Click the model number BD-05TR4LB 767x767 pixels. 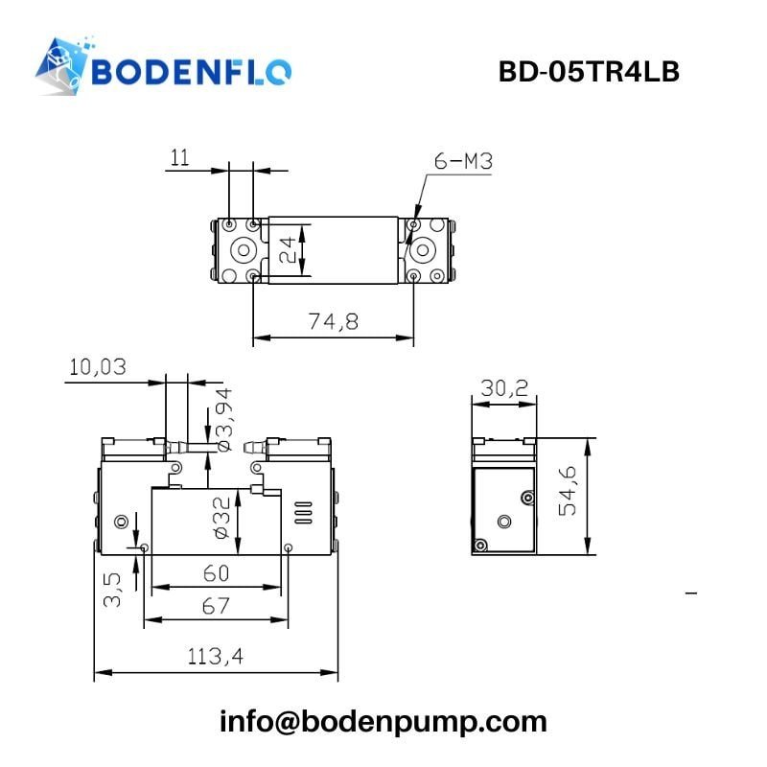click(x=589, y=72)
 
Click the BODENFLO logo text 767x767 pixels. click(x=192, y=72)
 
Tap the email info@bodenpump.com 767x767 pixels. click(x=383, y=721)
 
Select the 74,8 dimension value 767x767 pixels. click(x=334, y=322)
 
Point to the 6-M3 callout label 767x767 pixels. click(x=463, y=162)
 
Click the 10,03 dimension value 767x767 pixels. click(x=98, y=367)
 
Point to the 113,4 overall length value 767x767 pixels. click(x=216, y=657)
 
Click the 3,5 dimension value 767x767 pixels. click(x=113, y=588)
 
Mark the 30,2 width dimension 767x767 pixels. click(x=503, y=387)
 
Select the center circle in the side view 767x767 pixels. click(x=504, y=521)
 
